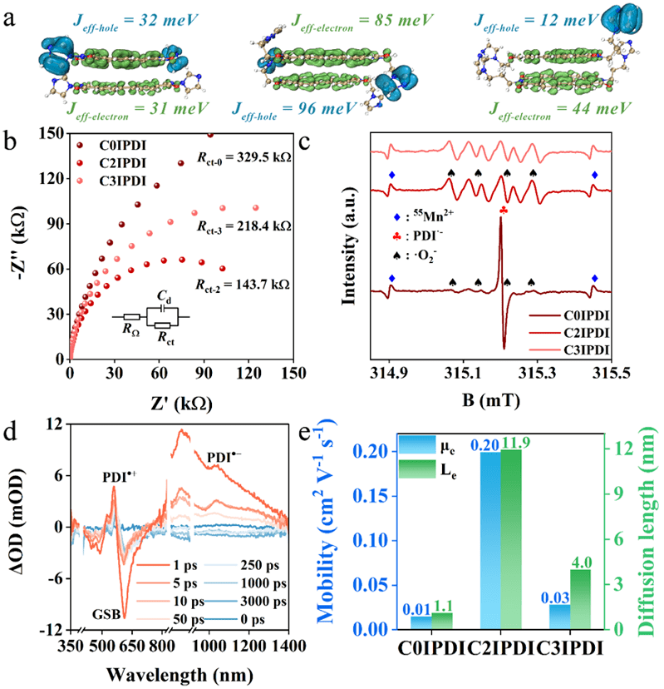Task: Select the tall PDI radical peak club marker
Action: [x=503, y=212]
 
